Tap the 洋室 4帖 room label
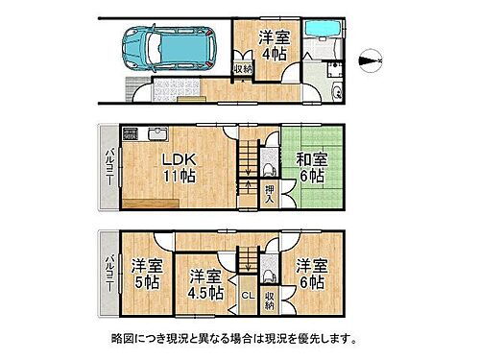(274, 44)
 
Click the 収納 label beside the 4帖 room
(244, 68)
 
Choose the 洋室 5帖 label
(145, 273)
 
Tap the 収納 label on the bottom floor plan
(270, 298)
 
